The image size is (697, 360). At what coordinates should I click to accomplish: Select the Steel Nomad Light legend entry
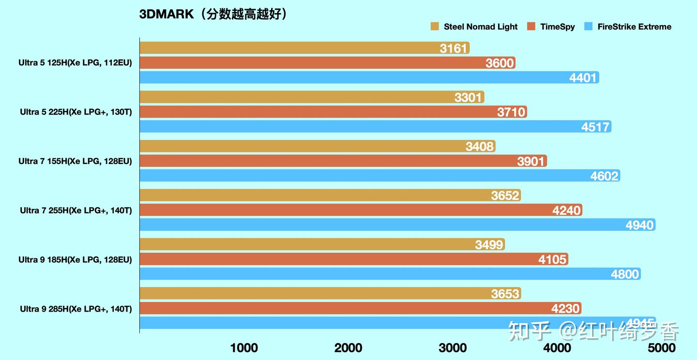(474, 27)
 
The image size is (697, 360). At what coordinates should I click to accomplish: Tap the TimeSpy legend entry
(552, 27)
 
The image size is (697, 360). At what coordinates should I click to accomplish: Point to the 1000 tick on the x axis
(244, 347)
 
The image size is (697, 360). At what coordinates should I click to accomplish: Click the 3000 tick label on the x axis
(453, 347)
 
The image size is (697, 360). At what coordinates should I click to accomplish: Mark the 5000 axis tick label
(662, 347)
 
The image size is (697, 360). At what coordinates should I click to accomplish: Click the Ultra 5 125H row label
(75, 63)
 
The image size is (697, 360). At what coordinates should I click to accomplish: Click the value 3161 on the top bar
(454, 48)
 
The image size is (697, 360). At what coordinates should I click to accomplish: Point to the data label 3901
(530, 161)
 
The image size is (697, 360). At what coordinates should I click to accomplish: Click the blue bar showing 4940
(397, 225)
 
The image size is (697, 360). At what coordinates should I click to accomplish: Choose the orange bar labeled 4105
(353, 259)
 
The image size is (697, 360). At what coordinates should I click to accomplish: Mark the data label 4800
(625, 274)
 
